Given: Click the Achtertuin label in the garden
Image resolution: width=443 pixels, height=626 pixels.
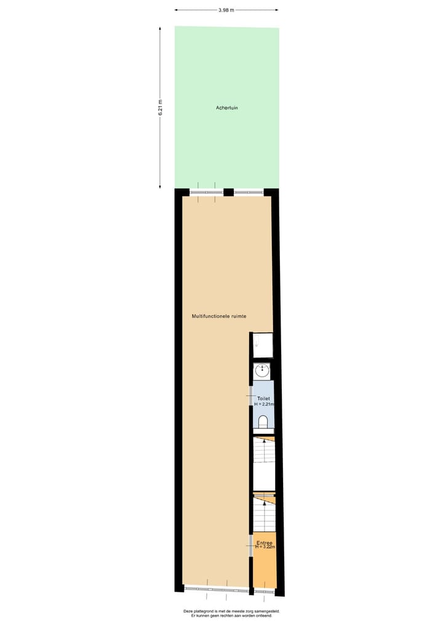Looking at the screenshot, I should coord(226,108).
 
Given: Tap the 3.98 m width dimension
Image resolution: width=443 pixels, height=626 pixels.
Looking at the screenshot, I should coord(226,9).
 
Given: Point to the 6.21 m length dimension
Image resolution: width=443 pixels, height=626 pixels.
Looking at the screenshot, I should coord(160,108).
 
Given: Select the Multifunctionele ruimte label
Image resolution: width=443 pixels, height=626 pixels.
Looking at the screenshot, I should coord(219,316).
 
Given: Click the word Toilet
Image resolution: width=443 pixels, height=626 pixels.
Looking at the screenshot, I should coord(263,399).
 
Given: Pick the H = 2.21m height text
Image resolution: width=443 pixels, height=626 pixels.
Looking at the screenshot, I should coord(264,404).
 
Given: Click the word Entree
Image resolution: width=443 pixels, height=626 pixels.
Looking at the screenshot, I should coord(265,542).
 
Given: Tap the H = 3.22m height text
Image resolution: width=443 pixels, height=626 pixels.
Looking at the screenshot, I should coord(265,547).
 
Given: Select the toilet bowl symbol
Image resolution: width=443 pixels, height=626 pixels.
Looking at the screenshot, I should coord(263,422).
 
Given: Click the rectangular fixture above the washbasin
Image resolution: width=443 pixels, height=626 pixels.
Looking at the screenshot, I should coord(263,345).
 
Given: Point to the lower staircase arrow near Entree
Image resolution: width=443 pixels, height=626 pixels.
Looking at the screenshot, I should coord(265,504).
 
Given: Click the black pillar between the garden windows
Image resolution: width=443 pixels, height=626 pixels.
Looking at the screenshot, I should coord(228,192).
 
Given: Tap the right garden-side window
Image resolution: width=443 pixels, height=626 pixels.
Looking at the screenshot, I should coord(249,192).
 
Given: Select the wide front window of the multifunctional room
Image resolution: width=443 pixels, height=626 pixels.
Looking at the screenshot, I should coord(216,589).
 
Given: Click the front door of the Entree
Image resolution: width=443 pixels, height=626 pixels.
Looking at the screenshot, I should coord(265,591).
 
